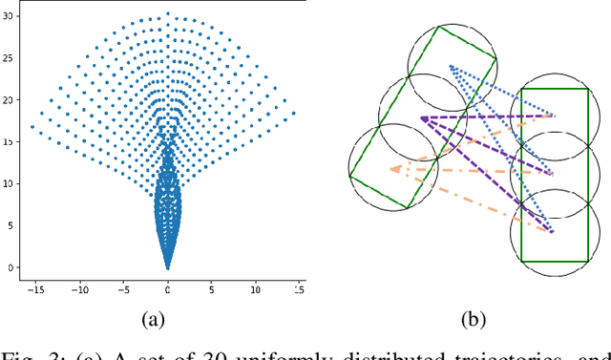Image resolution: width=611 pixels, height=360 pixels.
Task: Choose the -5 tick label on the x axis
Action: pos(124,286)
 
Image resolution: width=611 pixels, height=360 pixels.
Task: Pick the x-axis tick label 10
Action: pos(255,286)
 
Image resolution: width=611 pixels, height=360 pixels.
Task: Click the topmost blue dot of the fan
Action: pos(168,14)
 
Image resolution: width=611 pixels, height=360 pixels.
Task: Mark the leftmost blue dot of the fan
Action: pos(32,126)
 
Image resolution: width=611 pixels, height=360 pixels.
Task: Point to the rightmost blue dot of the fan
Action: pos(293,113)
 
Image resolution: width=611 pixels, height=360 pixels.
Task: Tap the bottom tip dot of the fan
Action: pos(168,268)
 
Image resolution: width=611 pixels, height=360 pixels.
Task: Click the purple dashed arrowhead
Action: pos(420,118)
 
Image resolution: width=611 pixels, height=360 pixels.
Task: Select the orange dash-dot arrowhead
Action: pos(392,170)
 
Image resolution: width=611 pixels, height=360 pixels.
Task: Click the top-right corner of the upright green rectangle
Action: pos(587,88)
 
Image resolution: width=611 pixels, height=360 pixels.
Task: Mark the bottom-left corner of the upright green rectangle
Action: pos(521,261)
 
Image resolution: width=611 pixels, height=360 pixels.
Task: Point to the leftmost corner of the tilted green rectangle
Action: pos(350,177)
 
